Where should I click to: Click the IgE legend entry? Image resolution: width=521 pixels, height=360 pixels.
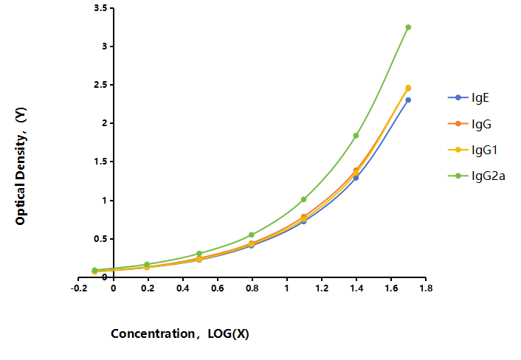(469, 97)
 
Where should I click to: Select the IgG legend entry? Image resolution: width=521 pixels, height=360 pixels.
(469, 124)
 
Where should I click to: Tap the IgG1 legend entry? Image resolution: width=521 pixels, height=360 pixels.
(472, 150)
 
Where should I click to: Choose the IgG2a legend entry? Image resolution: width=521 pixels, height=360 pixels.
(477, 176)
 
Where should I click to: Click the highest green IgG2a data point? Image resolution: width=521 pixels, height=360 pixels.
(408, 27)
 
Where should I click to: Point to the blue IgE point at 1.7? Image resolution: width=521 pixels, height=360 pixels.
(408, 100)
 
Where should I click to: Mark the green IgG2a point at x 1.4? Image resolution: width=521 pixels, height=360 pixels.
(356, 136)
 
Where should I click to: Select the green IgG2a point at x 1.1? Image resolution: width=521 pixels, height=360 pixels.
(304, 199)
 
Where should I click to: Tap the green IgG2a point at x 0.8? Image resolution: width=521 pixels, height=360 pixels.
(252, 235)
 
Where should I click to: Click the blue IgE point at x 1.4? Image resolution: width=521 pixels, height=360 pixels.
(356, 178)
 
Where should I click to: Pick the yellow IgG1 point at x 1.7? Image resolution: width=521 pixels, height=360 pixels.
(408, 88)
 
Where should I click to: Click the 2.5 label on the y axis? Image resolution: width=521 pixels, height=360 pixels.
(100, 85)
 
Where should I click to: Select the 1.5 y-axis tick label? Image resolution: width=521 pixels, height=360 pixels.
(100, 162)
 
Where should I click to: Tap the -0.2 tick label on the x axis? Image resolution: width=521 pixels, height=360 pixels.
(79, 288)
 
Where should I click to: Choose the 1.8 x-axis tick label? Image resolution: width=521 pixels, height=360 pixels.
(426, 288)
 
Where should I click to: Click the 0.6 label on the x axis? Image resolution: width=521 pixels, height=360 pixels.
(217, 288)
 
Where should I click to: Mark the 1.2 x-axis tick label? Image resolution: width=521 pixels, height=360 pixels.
(322, 288)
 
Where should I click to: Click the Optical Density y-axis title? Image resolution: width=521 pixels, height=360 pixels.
(21, 166)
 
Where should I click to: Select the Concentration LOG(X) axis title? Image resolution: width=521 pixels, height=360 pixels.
(180, 333)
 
